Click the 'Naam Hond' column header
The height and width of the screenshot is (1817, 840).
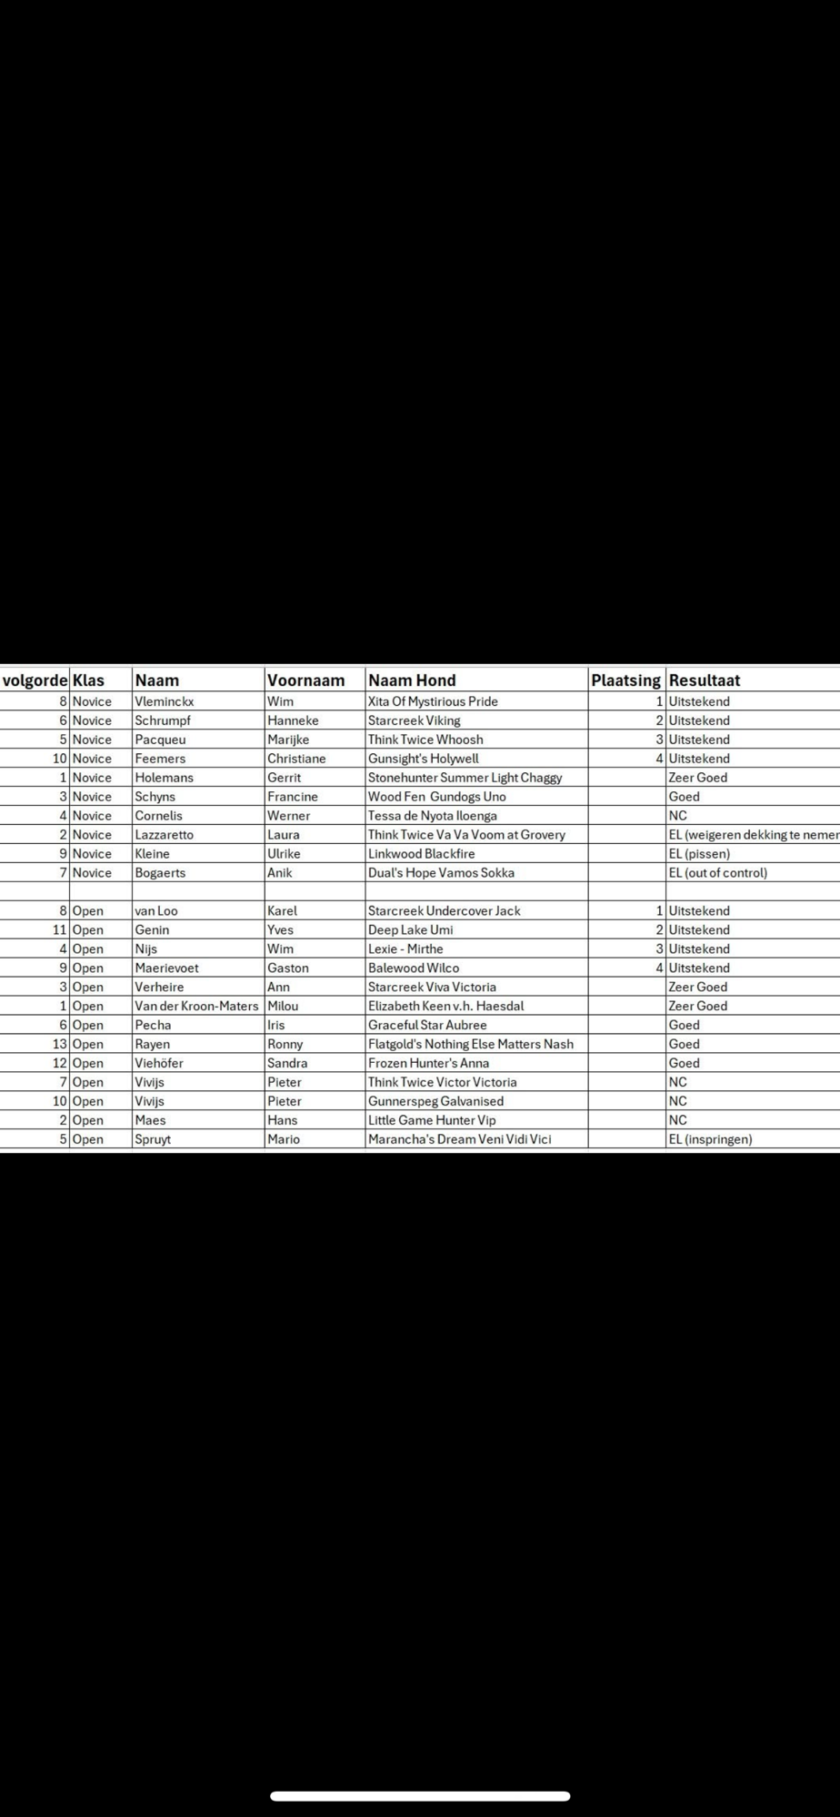[x=412, y=680]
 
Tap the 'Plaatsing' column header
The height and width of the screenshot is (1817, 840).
[x=625, y=680]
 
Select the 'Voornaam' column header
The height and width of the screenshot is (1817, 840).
[x=305, y=680]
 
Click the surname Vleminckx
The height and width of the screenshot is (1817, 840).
[x=164, y=701]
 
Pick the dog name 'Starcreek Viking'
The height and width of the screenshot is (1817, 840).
[x=414, y=720]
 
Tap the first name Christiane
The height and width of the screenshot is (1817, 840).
[x=296, y=759]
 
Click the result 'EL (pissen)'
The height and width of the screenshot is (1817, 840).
[x=699, y=854]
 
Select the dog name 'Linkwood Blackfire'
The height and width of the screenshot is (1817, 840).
[x=421, y=854]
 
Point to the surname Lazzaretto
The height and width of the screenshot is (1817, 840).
[x=164, y=835]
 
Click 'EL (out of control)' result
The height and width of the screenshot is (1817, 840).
[x=717, y=873]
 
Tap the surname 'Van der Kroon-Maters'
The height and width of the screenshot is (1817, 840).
[x=196, y=1006]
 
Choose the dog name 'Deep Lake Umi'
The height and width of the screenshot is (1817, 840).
[x=410, y=930]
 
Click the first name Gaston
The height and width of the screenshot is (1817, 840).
[x=287, y=968]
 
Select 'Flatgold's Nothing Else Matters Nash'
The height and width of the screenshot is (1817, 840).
[x=470, y=1044]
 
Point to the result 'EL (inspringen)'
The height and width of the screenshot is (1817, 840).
[x=710, y=1139]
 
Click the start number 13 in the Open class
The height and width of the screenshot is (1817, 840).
[x=60, y=1044]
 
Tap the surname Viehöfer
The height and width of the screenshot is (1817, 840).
[x=159, y=1063]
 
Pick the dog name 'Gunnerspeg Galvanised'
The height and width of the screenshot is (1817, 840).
[x=435, y=1101]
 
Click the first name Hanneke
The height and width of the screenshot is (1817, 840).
[x=293, y=720]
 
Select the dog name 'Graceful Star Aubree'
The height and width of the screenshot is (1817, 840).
[x=427, y=1025]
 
